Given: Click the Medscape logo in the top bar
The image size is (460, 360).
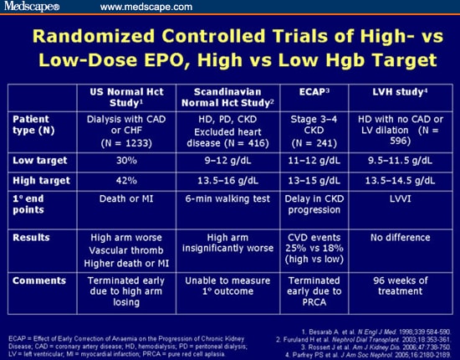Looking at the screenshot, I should [x=32, y=8].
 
